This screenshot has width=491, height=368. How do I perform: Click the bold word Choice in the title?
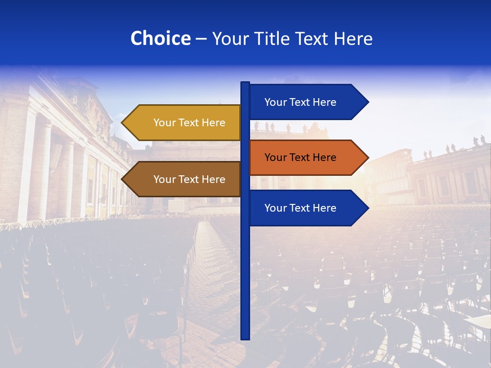[x=160, y=38]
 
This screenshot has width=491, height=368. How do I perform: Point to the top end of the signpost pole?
[x=245, y=83]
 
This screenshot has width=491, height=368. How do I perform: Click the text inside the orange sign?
[x=300, y=157]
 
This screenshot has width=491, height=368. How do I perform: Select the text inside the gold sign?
[x=189, y=123]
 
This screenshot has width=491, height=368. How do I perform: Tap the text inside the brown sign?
[x=189, y=179]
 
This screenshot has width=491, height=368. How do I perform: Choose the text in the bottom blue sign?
[x=300, y=208]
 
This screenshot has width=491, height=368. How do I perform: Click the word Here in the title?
[x=353, y=38]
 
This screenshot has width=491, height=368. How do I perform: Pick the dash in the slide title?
[x=201, y=39]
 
